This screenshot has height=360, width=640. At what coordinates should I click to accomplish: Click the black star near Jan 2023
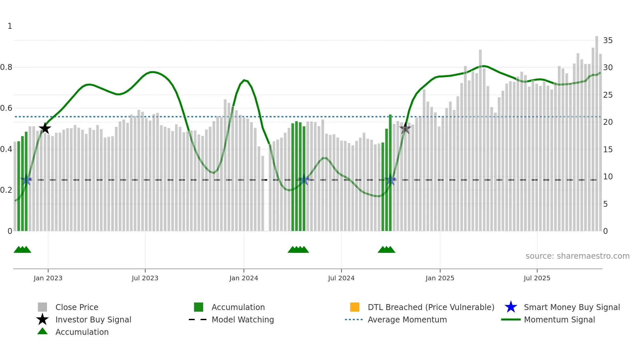45,128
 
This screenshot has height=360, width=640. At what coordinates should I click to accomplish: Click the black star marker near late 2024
405,128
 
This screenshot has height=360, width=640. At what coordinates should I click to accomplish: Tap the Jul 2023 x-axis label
145,278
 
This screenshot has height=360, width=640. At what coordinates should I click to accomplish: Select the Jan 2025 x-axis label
440,278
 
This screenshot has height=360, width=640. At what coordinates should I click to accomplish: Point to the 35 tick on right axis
608,41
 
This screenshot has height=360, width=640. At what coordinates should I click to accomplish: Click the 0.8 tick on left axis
7,67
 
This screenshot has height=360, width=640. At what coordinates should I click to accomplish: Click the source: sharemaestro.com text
577,256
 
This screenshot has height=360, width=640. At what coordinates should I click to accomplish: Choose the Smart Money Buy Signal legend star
511,307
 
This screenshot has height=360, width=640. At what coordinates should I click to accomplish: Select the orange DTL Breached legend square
355,307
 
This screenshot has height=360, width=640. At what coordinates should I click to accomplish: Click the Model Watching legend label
243,319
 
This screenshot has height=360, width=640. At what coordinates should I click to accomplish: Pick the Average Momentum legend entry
407,319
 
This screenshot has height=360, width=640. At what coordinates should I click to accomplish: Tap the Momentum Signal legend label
559,319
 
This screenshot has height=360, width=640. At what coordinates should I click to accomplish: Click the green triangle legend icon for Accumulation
42,332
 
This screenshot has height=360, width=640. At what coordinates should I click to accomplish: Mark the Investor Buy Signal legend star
42,319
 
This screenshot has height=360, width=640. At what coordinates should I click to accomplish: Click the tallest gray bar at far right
597,131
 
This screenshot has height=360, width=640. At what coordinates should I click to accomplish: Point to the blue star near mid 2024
304,180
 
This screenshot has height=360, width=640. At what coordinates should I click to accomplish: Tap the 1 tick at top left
10,26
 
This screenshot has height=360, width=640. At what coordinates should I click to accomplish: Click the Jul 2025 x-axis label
537,278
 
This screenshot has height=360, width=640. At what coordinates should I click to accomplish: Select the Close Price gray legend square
42,307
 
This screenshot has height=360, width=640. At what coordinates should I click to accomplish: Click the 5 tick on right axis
605,204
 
